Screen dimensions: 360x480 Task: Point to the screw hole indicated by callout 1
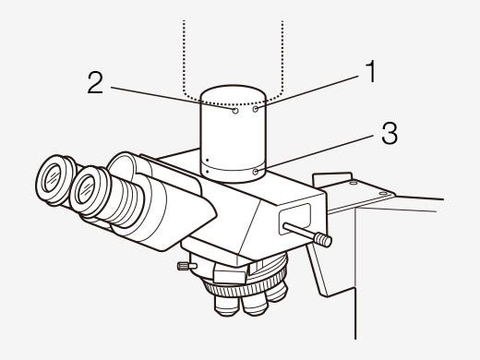pyautogui.click(x=255, y=108)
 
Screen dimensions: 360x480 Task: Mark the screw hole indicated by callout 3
pyautogui.click(x=255, y=171)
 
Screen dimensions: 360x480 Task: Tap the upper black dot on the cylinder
pyautogui.click(x=208, y=158)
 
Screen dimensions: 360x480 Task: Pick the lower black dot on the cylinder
pyautogui.click(x=208, y=170)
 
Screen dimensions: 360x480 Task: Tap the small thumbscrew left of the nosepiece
pyautogui.click(x=186, y=267)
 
